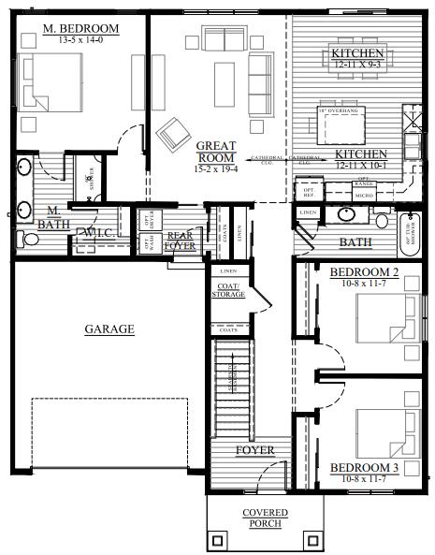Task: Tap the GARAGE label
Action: pyautogui.click(x=109, y=329)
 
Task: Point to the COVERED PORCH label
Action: pyautogui.click(x=265, y=518)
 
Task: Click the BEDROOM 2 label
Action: pyautogui.click(x=364, y=272)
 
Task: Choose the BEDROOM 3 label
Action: pyautogui.click(x=364, y=467)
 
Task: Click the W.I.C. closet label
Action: pyautogui.click(x=99, y=231)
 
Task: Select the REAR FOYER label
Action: pyautogui.click(x=180, y=241)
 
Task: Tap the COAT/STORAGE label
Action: pyautogui.click(x=228, y=290)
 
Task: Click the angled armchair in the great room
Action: pyautogui.click(x=174, y=135)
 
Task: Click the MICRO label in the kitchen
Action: pyautogui.click(x=364, y=196)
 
